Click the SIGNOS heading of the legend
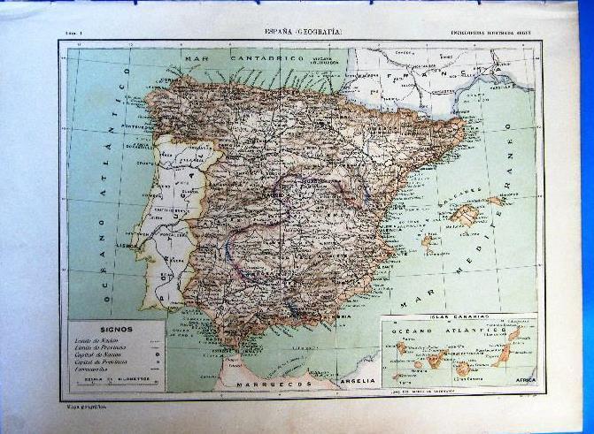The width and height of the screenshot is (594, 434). pos(117,329)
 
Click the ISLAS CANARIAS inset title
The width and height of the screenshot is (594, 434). pos(457,316)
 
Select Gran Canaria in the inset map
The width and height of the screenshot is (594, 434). pos(463,367)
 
